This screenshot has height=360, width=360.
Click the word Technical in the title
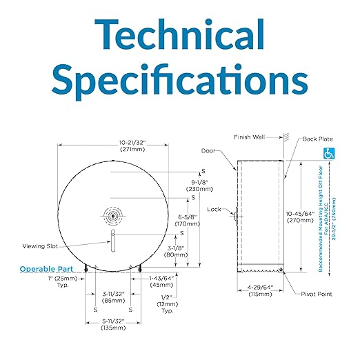(x=179, y=34)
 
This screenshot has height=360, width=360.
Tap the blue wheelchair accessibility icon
(x=329, y=154)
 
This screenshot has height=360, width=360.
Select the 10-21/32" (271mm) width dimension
(x=132, y=146)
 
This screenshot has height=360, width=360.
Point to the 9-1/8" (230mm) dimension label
(x=199, y=186)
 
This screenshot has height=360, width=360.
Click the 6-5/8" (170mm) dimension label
(x=188, y=220)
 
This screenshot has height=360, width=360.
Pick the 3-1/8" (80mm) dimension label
(x=176, y=252)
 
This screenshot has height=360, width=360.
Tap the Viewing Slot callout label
(x=40, y=246)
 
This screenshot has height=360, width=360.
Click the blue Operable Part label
(x=46, y=269)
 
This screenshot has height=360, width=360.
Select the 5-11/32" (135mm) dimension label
(x=113, y=324)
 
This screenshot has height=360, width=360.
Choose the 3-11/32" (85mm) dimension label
(x=114, y=297)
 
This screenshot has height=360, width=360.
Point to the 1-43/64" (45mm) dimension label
(x=161, y=281)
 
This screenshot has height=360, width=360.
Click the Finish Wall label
(x=250, y=137)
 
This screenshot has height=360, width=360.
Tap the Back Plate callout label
(x=318, y=139)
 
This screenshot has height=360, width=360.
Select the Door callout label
(x=208, y=150)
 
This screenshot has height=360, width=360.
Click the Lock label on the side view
(x=214, y=209)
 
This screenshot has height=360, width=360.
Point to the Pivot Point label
(x=317, y=294)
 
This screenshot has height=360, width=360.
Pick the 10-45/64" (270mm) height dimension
(x=300, y=217)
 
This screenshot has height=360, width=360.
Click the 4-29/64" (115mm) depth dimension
(x=260, y=290)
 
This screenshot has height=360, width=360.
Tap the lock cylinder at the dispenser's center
(x=113, y=216)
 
